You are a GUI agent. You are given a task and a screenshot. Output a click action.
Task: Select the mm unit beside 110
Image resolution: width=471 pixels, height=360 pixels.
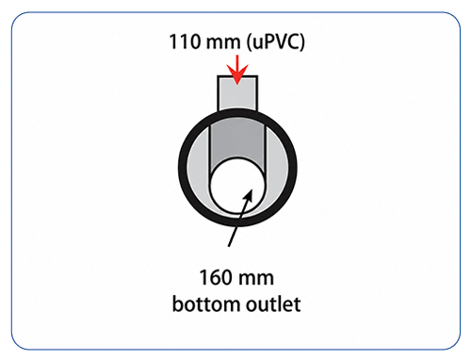222,44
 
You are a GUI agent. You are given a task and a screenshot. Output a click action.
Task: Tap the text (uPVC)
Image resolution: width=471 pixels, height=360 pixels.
275,42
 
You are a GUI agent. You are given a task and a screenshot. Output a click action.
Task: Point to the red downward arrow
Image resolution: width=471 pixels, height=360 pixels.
237,70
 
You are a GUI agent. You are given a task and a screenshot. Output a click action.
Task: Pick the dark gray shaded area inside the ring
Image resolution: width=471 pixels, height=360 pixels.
237,139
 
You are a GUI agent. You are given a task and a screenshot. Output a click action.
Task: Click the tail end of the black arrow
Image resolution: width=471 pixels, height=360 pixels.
229,246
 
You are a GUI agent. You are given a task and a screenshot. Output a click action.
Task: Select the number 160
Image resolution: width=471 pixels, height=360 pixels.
215,277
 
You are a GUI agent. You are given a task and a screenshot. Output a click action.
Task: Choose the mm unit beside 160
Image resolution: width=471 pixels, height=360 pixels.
256,280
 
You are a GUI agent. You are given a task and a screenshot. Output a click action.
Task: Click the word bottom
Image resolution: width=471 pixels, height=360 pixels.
206,304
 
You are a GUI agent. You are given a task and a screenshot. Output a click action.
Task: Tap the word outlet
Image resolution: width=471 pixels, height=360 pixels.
273,304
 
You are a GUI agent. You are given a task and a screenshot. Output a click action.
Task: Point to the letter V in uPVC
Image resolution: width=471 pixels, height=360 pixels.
275,42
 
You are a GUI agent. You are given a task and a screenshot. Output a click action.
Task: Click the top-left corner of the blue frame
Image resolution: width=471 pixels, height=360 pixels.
12,12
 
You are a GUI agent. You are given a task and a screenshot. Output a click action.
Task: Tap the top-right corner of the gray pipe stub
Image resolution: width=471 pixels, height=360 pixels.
258,75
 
